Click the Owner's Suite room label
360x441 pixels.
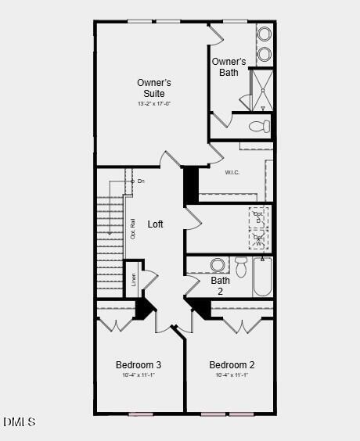[153, 88]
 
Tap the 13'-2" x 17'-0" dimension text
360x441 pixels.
[153, 103]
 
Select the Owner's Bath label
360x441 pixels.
[229, 67]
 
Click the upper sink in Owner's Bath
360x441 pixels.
[265, 34]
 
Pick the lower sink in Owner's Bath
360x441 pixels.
[265, 54]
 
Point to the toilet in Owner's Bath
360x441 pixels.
[258, 126]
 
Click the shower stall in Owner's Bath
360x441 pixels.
[261, 91]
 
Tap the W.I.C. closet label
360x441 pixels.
[232, 172]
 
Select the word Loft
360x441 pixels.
[156, 224]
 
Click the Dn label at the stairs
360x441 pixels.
[141, 181]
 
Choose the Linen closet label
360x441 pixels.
[134, 279]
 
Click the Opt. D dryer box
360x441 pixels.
[258, 217]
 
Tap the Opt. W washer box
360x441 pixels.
[258, 238]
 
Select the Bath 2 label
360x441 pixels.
[221, 285]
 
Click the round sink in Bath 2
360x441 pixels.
[218, 264]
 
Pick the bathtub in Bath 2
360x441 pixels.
[262, 278]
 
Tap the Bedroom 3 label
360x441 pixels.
[139, 365]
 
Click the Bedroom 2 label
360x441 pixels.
[232, 365]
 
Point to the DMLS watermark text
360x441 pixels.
[20, 422]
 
